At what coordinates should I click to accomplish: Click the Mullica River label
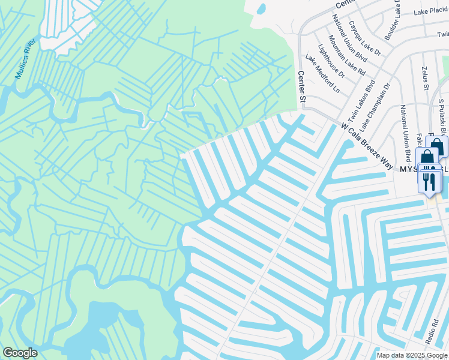(27, 59)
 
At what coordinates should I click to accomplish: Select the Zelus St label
(424, 79)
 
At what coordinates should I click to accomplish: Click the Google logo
(20, 353)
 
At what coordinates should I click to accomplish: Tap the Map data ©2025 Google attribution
(412, 355)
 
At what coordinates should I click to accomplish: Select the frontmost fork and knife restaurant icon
(429, 182)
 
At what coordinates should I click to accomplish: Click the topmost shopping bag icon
(437, 146)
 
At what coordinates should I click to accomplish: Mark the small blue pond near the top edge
(261, 9)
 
